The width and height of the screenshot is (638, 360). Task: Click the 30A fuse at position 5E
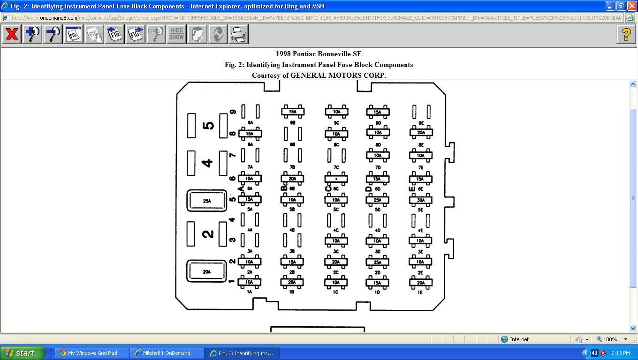point(420,200)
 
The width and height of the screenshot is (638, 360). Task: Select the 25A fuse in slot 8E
point(421,133)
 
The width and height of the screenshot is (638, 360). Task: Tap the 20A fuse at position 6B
point(292,179)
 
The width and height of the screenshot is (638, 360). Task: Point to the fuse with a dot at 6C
point(336,179)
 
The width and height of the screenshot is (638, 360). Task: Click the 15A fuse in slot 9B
point(293,112)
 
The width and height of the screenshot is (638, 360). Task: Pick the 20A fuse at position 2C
point(336,262)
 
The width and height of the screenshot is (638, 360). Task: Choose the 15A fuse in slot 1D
point(377,283)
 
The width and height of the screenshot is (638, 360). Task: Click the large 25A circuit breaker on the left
point(207,201)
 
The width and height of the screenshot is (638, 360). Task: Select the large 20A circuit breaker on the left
point(206,271)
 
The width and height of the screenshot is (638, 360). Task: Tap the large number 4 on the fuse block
point(207,163)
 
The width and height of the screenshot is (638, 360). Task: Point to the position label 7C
point(336,167)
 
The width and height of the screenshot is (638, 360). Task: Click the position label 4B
point(292,230)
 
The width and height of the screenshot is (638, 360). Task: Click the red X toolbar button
point(12,34)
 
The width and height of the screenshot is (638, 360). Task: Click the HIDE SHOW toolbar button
point(176,34)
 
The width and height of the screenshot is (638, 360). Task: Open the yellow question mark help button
point(626,34)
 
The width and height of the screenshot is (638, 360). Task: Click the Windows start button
point(22,353)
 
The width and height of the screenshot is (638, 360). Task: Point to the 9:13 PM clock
point(620,353)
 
